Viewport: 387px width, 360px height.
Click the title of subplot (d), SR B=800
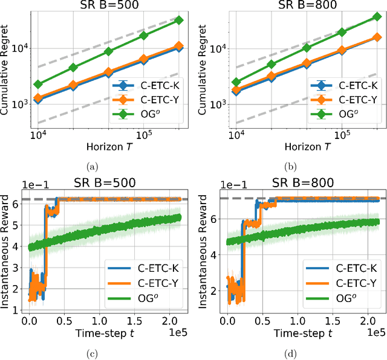click(306, 181)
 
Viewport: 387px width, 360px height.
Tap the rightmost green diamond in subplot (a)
click(179, 20)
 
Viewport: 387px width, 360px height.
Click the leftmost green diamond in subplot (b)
click(236, 82)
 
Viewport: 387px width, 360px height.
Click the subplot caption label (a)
click(91, 166)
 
